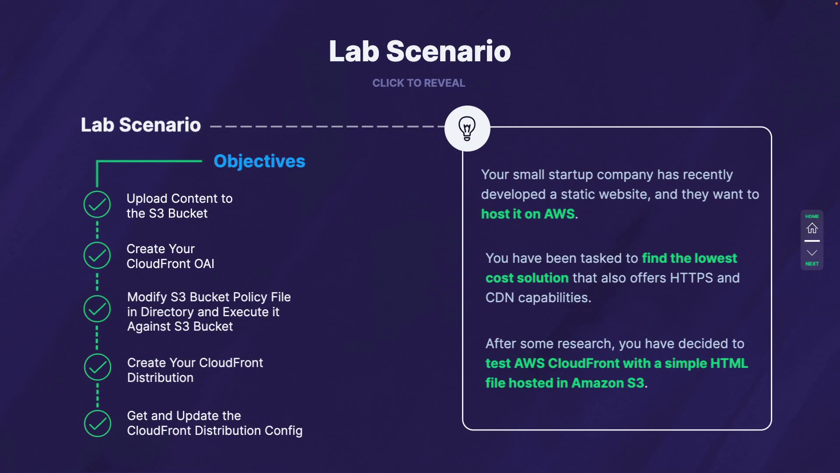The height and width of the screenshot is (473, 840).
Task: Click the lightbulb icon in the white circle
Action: click(467, 128)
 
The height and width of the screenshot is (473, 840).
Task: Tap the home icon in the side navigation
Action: click(812, 228)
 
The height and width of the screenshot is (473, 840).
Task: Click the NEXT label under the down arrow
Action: click(812, 264)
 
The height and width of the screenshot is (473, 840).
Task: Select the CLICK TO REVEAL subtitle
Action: click(419, 83)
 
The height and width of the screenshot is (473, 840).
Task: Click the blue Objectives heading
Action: click(259, 161)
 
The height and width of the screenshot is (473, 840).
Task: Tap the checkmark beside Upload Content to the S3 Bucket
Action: click(97, 205)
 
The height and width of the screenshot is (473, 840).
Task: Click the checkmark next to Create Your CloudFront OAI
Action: click(97, 255)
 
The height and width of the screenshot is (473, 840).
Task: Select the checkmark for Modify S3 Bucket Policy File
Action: click(97, 309)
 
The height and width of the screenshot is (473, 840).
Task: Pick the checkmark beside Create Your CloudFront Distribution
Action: click(97, 367)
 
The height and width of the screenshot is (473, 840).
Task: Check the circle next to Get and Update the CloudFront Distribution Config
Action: click(97, 424)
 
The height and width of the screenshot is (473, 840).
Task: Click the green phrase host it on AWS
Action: click(528, 214)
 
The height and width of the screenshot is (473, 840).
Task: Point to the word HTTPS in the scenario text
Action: click(691, 278)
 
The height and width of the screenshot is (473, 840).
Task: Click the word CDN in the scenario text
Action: click(500, 298)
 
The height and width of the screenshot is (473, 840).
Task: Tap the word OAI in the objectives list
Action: click(204, 264)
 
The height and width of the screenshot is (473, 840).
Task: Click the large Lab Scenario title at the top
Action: click(420, 51)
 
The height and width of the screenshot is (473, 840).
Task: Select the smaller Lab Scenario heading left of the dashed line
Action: click(141, 125)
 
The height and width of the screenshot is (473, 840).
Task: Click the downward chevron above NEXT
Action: click(812, 253)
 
